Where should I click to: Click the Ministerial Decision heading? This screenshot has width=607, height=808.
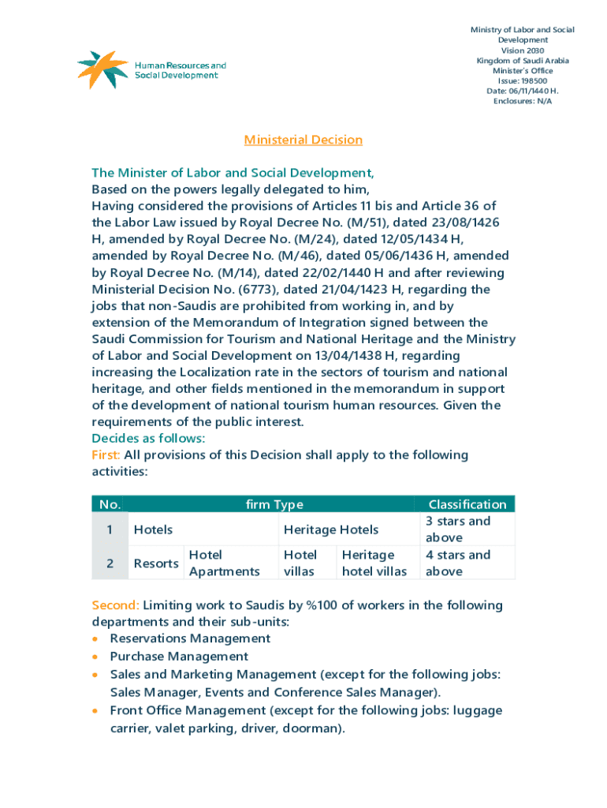pos(303,140)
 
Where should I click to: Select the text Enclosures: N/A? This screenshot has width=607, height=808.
pos(522,101)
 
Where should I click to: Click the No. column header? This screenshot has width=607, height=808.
pos(108,505)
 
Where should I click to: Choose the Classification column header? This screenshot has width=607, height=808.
pos(467,505)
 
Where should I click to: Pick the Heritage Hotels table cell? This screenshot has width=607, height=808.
pos(330,529)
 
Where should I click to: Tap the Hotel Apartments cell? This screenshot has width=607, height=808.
pos(224,563)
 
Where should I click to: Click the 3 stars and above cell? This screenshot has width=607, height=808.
pos(457,529)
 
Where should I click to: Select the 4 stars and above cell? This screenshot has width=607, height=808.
pos(457,563)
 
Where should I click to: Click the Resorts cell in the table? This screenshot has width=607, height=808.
pos(155,563)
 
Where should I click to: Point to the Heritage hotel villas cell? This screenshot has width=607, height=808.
pos(374,563)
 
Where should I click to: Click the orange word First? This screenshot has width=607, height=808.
pos(106,455)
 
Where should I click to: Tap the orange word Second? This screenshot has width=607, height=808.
pos(115,605)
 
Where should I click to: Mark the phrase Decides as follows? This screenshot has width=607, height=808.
pos(148,438)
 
